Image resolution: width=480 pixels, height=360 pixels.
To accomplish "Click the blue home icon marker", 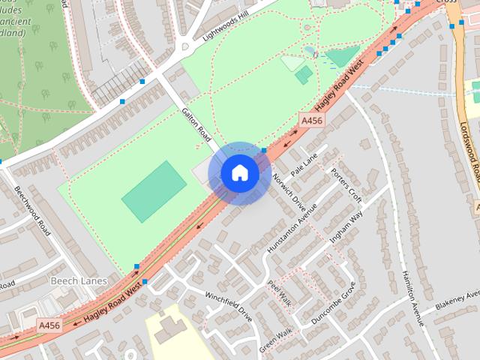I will [x=239, y=173].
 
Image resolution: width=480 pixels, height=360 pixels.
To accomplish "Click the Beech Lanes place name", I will [x=78, y=280].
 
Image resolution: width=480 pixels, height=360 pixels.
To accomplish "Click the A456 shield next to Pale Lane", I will [x=312, y=120].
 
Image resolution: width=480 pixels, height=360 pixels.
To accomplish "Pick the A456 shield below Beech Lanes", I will [x=49, y=324].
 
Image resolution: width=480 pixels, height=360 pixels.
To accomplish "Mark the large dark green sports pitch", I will [x=154, y=190].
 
